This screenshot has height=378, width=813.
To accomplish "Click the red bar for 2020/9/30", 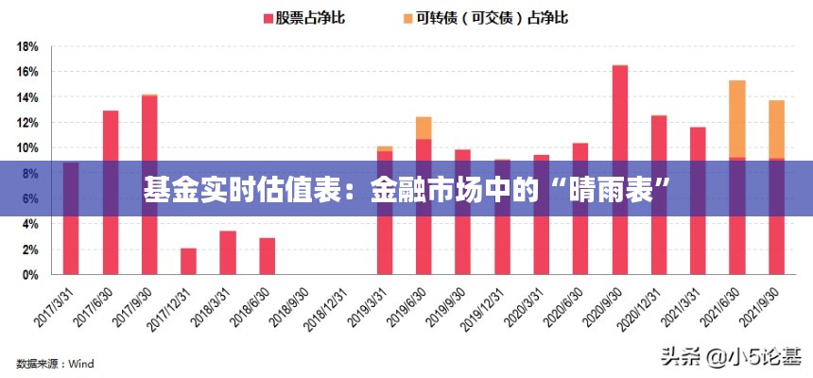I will coord(619,170).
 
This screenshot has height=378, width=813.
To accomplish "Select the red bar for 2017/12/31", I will coord(188,261).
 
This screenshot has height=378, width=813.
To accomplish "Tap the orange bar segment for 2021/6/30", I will coord(736,119).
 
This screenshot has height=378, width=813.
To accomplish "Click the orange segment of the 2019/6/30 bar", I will coord(424,128).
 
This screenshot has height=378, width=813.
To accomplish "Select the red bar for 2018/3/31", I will coord(228,252).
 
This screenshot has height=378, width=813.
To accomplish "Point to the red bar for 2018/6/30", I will coord(267,256).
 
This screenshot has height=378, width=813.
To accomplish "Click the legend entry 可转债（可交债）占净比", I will coord(484,17).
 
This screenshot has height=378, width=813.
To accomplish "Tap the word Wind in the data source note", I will coord(80,363).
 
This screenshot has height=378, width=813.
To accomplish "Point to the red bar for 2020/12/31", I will coord(659,195).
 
